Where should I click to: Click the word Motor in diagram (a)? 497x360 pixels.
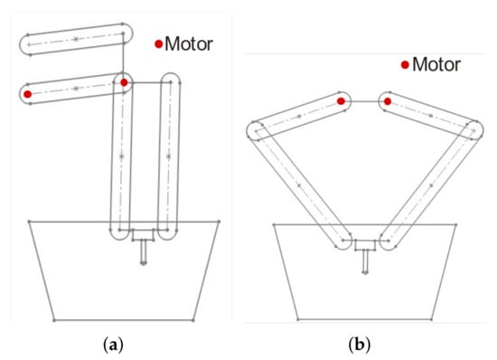click(x=189, y=43)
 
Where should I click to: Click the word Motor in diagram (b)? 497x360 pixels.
click(x=436, y=65)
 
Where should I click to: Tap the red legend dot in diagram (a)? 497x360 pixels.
click(x=158, y=44)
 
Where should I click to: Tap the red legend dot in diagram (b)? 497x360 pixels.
click(x=405, y=65)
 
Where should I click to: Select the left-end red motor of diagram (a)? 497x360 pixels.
click(x=28, y=94)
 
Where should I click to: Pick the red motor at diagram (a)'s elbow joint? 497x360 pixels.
click(x=124, y=82)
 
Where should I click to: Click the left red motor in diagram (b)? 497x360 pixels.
click(x=341, y=101)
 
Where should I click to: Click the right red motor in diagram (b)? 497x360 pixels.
click(x=388, y=101)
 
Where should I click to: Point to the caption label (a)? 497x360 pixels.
click(x=113, y=345)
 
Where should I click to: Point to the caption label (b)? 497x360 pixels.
click(x=359, y=345)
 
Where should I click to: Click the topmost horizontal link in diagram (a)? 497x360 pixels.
click(x=76, y=39)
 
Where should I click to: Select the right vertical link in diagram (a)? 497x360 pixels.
click(x=169, y=156)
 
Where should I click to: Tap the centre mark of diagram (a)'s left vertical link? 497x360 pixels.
click(x=121, y=156)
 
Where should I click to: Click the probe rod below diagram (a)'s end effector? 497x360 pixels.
click(x=144, y=251)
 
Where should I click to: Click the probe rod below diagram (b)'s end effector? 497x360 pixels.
click(x=365, y=261)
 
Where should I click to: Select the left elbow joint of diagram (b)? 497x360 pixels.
click(x=256, y=130)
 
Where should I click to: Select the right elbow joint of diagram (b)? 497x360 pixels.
click(x=474, y=130)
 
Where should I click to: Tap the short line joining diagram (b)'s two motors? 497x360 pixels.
click(x=364, y=101)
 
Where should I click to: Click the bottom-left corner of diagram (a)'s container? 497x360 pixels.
click(x=54, y=320)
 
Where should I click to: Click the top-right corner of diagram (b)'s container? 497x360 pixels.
click(x=455, y=225)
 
